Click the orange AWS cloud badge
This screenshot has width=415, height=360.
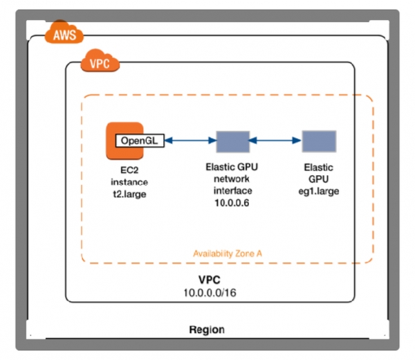[62, 34]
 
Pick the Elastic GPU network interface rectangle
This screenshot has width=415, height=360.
[232, 141]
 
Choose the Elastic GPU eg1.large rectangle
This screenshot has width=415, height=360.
[319, 141]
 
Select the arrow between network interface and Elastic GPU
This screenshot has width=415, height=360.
[275, 141]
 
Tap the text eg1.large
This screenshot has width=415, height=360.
[318, 190]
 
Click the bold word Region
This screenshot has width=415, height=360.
[207, 330]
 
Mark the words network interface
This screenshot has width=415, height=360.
[232, 184]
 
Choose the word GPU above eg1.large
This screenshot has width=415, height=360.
[318, 179]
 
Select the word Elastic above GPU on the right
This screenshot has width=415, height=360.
[318, 168]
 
